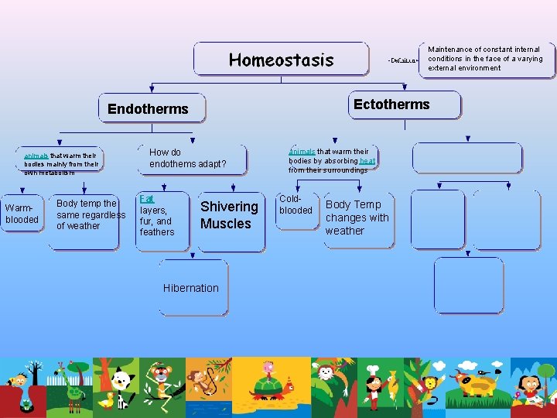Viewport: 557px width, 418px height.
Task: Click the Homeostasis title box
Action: [281, 60]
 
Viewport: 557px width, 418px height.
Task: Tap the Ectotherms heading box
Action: [391, 104]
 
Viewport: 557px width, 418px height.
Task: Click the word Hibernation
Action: [191, 288]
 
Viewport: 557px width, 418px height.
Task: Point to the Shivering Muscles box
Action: [229, 215]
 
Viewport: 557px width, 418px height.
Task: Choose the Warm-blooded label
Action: [22, 214]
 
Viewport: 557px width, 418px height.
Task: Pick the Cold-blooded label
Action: [296, 205]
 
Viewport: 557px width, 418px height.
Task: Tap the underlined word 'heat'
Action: [367, 160]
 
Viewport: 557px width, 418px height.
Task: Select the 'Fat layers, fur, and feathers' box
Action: [158, 216]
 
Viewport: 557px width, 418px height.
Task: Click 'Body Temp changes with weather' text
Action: [357, 218]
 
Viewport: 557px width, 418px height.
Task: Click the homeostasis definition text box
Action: [486, 59]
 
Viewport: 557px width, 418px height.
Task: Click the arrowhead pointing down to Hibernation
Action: [193, 255]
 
